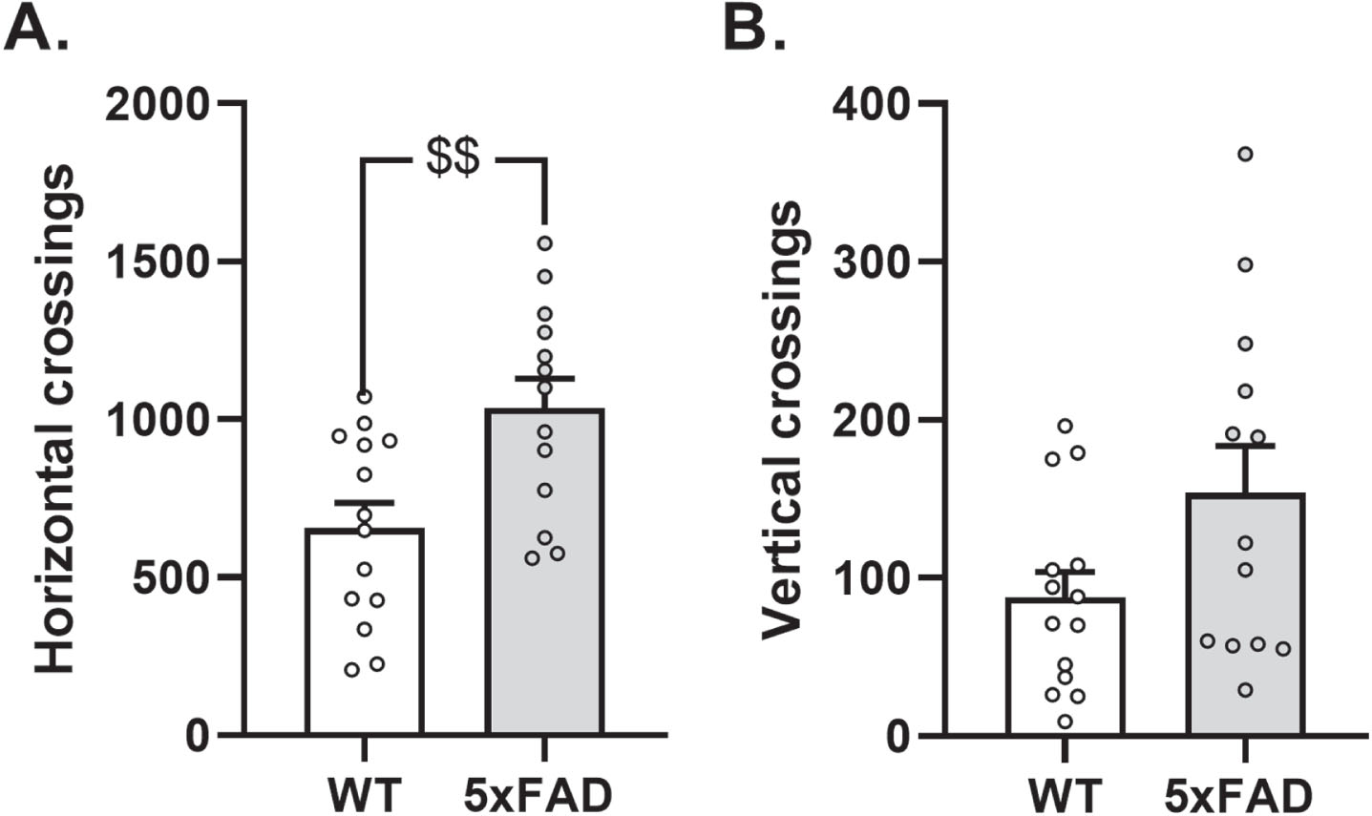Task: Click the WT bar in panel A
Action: [365, 631]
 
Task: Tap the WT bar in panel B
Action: [1066, 666]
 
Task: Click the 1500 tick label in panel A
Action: [158, 262]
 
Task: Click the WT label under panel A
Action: [365, 795]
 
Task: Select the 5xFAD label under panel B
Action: [1238, 795]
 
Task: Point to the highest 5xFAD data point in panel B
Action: [1245, 154]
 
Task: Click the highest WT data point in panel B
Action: [1066, 426]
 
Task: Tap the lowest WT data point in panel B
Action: [1066, 722]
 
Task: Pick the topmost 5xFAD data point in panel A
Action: [544, 243]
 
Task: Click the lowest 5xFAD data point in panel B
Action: [1245, 690]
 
